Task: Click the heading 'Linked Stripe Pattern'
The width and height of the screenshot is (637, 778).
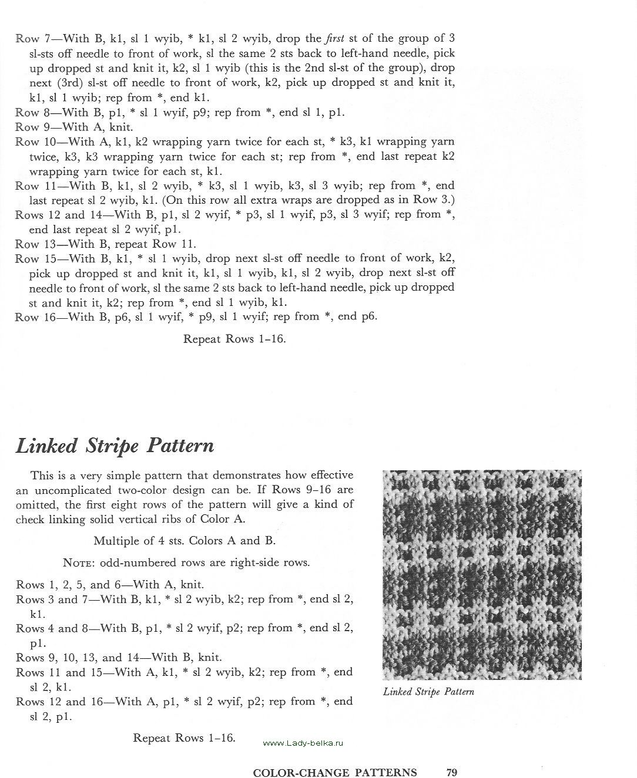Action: click(x=115, y=446)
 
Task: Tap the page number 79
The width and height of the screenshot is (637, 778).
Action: click(x=452, y=772)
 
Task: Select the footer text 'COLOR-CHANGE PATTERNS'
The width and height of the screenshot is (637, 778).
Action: click(x=335, y=773)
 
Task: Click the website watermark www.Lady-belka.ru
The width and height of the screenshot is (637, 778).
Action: click(x=303, y=743)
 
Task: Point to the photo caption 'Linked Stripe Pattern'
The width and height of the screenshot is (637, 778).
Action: click(x=428, y=692)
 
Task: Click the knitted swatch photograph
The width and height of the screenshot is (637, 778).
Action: click(x=482, y=574)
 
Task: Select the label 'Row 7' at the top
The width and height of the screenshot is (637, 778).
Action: click(x=35, y=39)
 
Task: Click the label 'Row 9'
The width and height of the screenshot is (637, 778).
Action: click(x=35, y=127)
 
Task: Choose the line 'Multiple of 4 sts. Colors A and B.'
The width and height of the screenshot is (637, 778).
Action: click(x=184, y=541)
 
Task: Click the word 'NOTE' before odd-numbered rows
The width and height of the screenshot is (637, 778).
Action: click(x=78, y=563)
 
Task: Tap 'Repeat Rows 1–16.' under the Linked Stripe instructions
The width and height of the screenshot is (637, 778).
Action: click(x=184, y=738)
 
